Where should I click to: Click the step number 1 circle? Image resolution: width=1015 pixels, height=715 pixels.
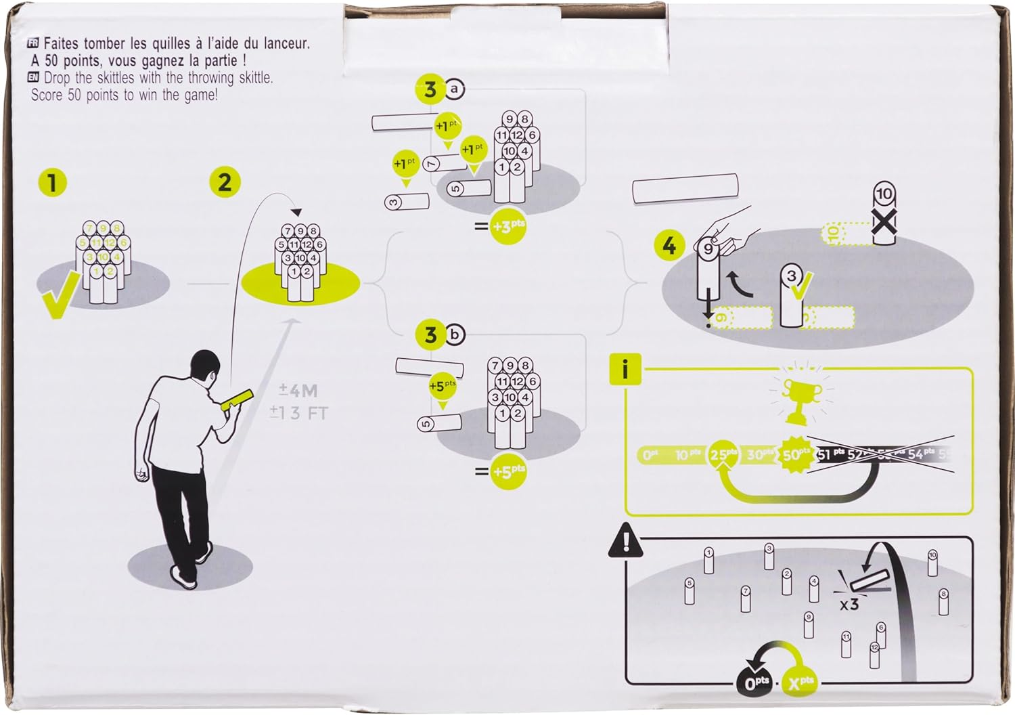click(x=52, y=183)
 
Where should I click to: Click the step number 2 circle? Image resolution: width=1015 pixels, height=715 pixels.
click(x=225, y=182)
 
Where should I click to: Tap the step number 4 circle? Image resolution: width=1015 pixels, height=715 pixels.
click(x=669, y=245)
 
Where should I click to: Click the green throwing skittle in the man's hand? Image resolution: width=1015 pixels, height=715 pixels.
click(x=237, y=399)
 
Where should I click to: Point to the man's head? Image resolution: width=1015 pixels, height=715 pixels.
click(x=204, y=368)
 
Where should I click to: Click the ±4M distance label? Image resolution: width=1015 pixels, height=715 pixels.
click(x=298, y=391)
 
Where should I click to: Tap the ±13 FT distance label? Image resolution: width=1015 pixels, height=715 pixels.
click(x=298, y=412)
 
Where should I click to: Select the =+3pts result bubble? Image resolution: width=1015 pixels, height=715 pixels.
click(x=508, y=226)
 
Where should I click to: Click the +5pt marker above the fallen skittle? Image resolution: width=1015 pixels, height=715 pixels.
click(x=443, y=387)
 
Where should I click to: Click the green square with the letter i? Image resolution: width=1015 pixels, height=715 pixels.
click(x=625, y=370)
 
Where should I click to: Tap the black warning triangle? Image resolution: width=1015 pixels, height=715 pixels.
click(x=626, y=541)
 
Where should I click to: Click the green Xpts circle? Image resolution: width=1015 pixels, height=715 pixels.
click(x=800, y=682)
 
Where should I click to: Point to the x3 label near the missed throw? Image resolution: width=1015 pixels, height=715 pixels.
click(x=849, y=604)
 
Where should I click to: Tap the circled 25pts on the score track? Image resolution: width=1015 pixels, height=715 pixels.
click(x=723, y=454)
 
